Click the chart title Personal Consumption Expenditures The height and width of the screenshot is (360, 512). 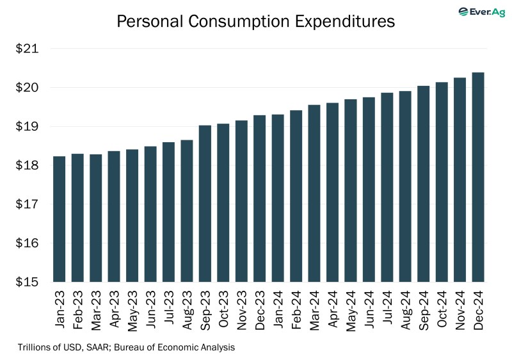[x=255, y=21]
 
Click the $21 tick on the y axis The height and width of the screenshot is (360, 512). [x=28, y=49]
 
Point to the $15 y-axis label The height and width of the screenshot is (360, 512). [x=28, y=282]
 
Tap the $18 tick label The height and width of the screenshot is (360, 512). [x=28, y=165]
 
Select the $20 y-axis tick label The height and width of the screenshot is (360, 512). [x=28, y=88]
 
